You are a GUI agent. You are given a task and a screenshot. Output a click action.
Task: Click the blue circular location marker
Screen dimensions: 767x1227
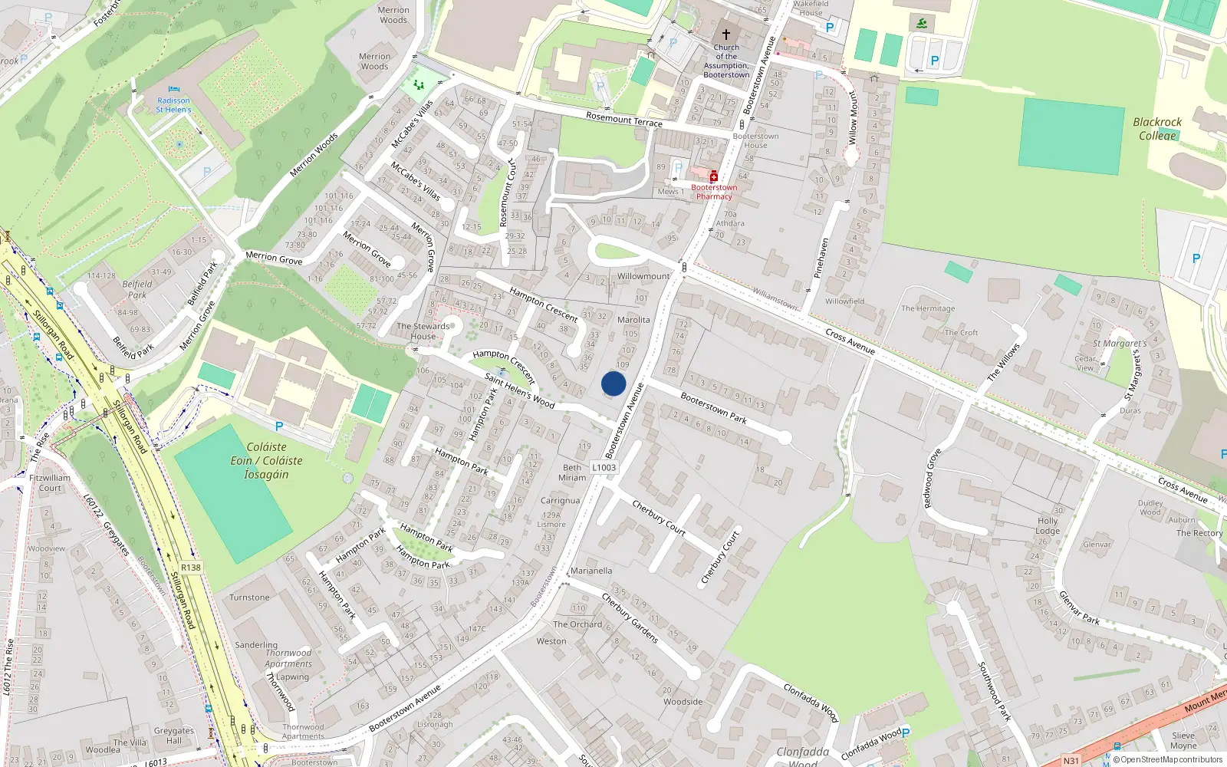(x=613, y=383)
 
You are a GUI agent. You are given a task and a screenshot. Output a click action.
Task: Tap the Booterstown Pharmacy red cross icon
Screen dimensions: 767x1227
(x=714, y=176)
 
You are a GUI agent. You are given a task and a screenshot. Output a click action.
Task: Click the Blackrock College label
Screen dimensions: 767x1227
(x=1157, y=129)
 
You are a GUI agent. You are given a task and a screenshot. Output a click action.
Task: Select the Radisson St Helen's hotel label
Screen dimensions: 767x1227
(x=173, y=105)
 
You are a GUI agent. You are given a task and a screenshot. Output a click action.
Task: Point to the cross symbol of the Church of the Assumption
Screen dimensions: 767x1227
(x=725, y=35)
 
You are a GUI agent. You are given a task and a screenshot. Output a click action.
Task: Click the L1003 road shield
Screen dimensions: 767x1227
(x=604, y=467)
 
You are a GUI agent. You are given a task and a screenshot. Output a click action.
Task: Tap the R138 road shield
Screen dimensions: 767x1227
(x=191, y=568)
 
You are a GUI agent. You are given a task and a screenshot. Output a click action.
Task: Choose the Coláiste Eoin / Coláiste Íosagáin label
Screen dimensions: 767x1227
(x=266, y=460)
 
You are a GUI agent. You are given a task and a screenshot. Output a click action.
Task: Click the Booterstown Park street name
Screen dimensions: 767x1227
(x=713, y=408)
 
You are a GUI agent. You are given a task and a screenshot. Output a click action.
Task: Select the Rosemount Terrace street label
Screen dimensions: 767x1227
(x=623, y=119)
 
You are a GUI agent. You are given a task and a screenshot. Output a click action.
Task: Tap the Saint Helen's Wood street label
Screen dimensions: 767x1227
(x=519, y=390)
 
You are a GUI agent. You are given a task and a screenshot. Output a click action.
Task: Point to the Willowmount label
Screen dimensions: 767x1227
(x=643, y=276)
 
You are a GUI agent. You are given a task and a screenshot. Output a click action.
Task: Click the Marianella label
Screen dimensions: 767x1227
(x=591, y=571)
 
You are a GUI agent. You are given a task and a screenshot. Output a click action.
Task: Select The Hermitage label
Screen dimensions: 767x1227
(x=928, y=308)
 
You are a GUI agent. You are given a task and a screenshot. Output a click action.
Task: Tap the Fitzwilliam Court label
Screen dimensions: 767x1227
(x=50, y=482)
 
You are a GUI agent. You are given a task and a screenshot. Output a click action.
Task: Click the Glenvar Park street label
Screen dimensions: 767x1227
(x=1079, y=608)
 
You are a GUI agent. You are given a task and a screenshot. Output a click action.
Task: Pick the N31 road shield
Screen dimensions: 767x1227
(x=1071, y=760)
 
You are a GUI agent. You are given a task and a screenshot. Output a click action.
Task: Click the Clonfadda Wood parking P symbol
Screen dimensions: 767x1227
(x=906, y=733)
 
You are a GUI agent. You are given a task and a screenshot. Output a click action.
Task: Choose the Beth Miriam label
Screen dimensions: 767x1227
(x=572, y=472)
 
